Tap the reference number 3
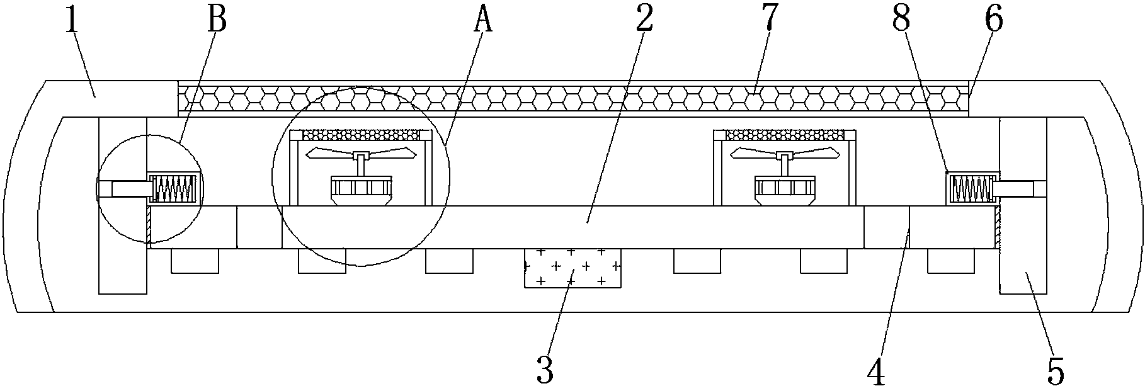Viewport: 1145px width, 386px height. click(x=545, y=369)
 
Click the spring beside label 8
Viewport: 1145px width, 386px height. click(x=969, y=188)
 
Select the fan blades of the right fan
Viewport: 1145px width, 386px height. click(x=785, y=152)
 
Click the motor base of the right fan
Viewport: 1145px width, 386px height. click(x=785, y=190)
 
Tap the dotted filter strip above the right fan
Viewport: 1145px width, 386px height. click(x=785, y=134)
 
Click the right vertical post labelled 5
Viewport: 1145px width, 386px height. click(x=1023, y=252)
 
